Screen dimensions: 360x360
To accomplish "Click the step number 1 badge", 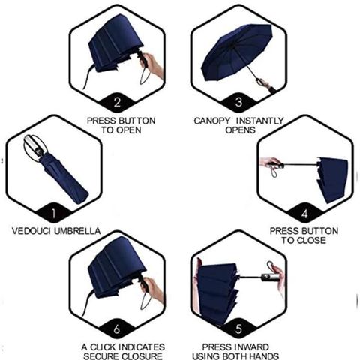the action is coord(53,214).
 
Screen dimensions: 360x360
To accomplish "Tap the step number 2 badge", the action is coord(117,102).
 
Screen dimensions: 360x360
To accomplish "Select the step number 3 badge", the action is coord(238,102).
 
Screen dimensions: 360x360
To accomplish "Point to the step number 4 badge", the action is coord(304,214).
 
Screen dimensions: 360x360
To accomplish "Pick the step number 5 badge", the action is coord(238,329).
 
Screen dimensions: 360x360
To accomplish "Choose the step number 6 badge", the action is coord(117,329).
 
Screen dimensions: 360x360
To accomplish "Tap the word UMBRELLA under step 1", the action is coord(77,231).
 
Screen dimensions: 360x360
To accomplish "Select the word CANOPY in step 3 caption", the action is coord(211,121).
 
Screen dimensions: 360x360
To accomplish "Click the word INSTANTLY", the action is coord(260,121).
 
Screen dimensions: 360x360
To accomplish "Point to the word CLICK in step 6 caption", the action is coord(103,347).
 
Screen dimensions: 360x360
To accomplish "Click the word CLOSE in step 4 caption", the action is coord(311,240).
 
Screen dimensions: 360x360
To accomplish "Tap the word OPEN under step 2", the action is coord(129,130).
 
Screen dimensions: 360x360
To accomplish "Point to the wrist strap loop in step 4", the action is coord(274,172).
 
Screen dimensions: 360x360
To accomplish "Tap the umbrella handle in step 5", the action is coord(271,277).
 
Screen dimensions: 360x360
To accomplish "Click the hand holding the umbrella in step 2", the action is coord(153,65).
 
